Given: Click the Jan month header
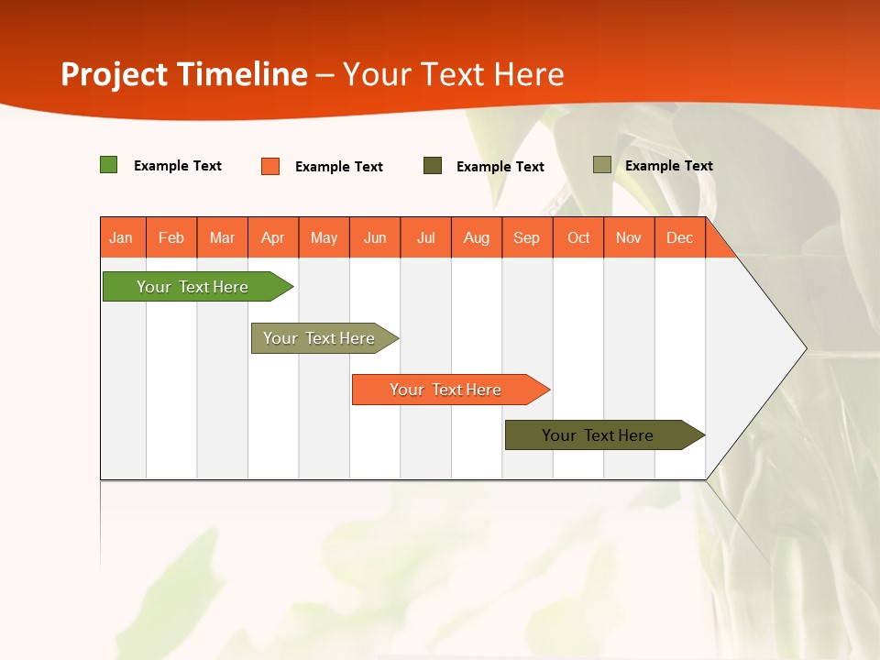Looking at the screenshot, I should pos(122,237).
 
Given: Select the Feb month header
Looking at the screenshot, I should pos(171,237).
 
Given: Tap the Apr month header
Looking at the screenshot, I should pos(273,237).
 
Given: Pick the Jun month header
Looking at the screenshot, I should pos(375,237).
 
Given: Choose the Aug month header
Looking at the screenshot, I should pos(477,237).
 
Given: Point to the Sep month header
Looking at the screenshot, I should pos(527,237).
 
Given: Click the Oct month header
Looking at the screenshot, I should pos(578,237).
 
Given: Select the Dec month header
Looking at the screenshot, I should pos(680,237).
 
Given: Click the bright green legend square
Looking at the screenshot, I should pos(109,165).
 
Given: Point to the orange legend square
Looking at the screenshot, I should pos(270,166).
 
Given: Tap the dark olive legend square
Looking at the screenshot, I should pos(433,166).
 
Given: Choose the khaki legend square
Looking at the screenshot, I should pos(602,165).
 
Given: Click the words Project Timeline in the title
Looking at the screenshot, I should pos(184,74).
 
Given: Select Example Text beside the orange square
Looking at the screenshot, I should pos(339,167).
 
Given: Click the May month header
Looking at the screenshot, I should pos(324,237).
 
